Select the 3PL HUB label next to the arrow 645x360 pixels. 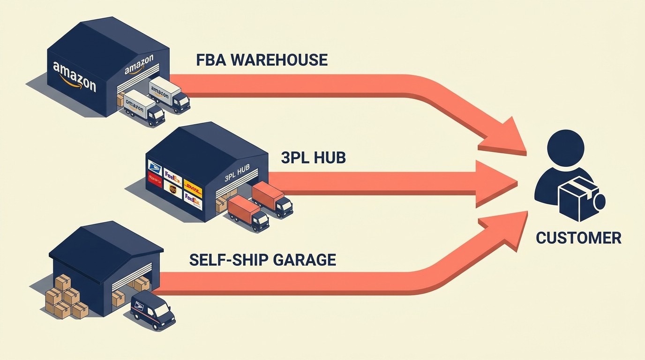point(313,157)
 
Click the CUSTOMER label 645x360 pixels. point(578,238)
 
